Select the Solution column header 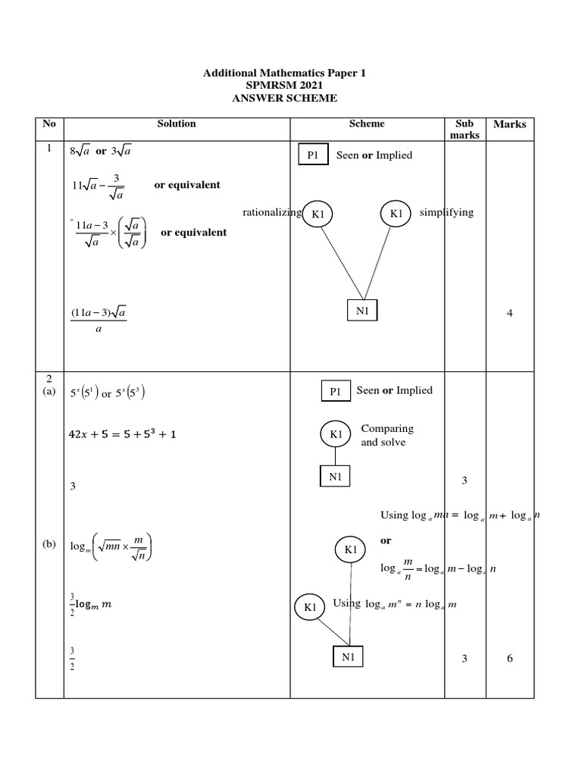[177, 124]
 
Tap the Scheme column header [368, 124]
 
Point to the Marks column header [509, 124]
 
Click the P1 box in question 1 [314, 155]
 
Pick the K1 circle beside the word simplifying [396, 214]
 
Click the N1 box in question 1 [361, 311]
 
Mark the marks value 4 [510, 314]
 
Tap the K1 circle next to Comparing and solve [336, 434]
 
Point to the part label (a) [50, 392]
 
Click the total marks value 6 [510, 659]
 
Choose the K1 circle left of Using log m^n [310, 606]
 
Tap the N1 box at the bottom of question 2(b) [349, 657]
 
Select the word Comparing [387, 429]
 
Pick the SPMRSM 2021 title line [284, 86]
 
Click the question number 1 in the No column [48, 149]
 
